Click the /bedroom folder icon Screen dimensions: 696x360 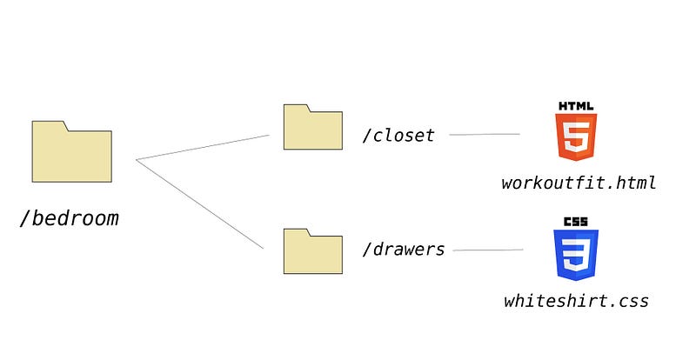(72, 151)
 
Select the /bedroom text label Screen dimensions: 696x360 (70, 218)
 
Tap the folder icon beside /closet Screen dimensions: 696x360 (313, 127)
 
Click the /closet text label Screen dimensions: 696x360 (398, 135)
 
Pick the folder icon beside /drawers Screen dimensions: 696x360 (313, 251)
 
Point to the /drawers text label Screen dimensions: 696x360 (403, 249)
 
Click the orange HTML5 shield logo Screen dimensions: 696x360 (576, 137)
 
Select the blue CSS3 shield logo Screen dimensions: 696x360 (576, 255)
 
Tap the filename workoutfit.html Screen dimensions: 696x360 (579, 183)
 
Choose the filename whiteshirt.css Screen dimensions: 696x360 (576, 301)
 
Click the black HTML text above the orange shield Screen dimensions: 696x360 (576, 106)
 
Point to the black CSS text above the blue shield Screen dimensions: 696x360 (576, 222)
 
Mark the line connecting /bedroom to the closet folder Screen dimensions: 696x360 (203, 147)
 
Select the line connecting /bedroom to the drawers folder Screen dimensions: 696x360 (200, 203)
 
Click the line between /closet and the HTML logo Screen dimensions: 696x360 (485, 134)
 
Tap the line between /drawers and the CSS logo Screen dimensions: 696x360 (488, 250)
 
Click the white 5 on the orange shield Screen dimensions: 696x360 (576, 137)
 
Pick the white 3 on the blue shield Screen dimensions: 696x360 (576, 255)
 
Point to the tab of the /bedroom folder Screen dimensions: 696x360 (50, 125)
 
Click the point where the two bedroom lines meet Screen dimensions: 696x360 (137, 159)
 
